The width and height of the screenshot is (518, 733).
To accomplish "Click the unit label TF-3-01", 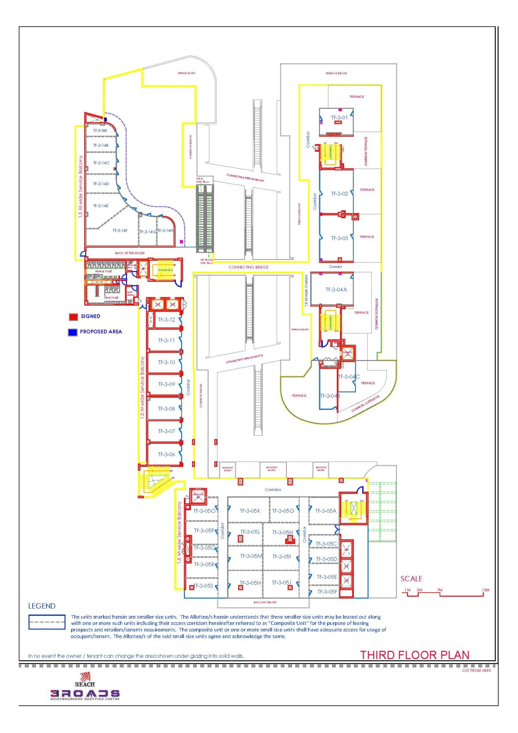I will point(339,118).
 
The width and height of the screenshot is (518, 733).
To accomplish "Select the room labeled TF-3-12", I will point(166,320).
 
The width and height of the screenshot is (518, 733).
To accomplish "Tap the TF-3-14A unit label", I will point(100,130).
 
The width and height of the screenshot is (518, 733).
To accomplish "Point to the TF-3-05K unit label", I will point(250,511).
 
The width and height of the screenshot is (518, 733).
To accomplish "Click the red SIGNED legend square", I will point(73,317).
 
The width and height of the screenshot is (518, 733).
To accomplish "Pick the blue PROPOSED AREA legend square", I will point(72,332).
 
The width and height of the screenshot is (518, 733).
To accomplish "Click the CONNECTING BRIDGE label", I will point(248,267).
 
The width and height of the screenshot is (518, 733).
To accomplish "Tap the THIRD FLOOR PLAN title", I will point(414,655).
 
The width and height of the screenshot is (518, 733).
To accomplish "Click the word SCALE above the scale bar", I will point(411,579).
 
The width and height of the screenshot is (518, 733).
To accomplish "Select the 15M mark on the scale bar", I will point(485,590).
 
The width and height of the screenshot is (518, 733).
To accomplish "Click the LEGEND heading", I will point(42,606).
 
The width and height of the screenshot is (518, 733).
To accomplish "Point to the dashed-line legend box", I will point(47,622).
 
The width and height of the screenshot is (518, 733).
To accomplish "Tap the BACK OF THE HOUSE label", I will point(130,253).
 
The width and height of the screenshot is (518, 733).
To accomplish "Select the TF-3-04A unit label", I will point(336,290).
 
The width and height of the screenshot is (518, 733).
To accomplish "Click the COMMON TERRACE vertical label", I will point(366,151).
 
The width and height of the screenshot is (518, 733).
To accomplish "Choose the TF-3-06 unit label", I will point(166,454).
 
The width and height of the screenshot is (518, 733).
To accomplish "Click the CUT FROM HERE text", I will point(476,670).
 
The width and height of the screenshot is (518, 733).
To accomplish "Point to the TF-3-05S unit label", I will point(203,586).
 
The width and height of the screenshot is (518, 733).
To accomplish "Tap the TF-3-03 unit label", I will point(339,238).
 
